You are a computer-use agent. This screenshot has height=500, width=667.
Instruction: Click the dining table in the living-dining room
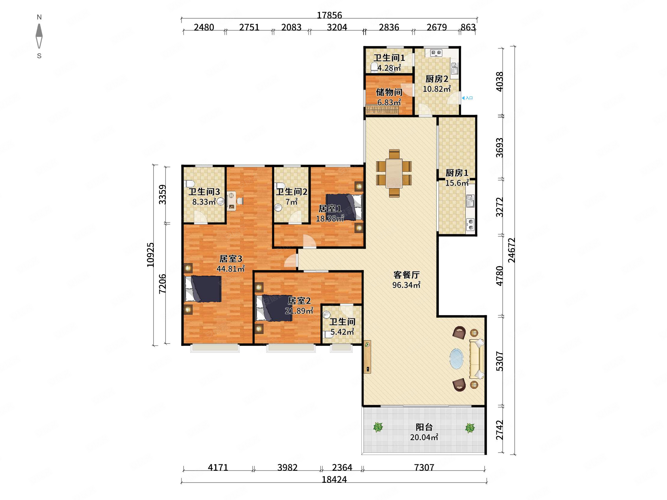[394, 173]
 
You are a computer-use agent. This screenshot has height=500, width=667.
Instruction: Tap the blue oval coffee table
[456, 359]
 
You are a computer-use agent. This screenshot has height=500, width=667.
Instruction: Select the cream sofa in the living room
[477, 359]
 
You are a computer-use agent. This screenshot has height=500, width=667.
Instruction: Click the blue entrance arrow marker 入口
[467, 98]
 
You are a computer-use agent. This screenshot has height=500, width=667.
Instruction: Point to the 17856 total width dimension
[329, 15]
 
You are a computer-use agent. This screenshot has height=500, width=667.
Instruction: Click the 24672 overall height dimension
[511, 250]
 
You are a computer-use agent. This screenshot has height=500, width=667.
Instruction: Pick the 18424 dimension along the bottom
[334, 479]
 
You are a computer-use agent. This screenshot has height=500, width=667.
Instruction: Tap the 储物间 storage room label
[389, 92]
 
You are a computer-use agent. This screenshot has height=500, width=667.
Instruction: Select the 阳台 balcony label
[424, 427]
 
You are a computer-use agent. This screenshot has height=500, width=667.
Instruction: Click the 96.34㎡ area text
[406, 285]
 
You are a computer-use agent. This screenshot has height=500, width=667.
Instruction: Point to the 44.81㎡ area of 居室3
[231, 268]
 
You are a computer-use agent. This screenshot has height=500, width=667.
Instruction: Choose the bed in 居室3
[203, 289]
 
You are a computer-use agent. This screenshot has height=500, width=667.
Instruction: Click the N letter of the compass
[39, 17]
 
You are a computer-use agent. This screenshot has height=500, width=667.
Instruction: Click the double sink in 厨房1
[471, 201]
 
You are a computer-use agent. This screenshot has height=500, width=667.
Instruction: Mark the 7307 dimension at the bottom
[424, 468]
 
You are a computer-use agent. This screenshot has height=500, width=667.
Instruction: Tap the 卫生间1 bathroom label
[389, 58]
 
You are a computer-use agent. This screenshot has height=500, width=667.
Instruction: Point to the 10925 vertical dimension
[150, 255]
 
